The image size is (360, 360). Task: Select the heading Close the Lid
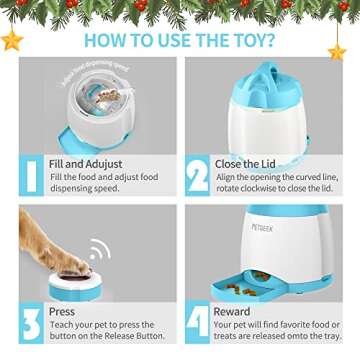[x=256, y=164]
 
